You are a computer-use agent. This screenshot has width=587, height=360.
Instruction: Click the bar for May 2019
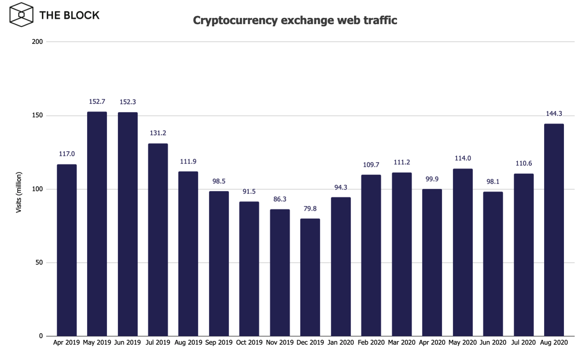click(97, 224)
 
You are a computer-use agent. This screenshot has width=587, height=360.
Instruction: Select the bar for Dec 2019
click(310, 277)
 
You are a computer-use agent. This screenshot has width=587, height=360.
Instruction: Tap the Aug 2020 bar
click(554, 230)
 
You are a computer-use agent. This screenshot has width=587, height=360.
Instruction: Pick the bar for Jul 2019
click(158, 240)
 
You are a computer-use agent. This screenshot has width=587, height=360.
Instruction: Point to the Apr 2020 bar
click(432, 262)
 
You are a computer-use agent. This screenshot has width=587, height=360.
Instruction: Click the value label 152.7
click(97, 102)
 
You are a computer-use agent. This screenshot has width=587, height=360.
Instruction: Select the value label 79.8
click(310, 209)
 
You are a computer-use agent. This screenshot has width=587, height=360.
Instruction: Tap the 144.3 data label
click(554, 114)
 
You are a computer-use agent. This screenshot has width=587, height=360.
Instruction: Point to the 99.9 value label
click(432, 179)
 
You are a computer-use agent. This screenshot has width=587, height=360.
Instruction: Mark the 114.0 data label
click(463, 158)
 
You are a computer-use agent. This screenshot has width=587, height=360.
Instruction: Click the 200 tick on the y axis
click(37, 42)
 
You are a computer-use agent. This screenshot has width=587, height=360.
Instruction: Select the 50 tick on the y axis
click(39, 263)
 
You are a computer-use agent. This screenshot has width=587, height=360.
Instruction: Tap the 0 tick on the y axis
click(41, 336)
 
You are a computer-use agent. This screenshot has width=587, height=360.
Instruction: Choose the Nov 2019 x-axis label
click(280, 343)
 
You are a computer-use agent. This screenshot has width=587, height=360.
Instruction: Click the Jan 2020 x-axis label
click(341, 343)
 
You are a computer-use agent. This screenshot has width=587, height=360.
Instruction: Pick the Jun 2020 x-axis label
click(493, 343)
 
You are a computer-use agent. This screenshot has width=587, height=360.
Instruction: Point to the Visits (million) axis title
click(19, 192)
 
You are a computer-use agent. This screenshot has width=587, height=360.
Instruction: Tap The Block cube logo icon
click(21, 15)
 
